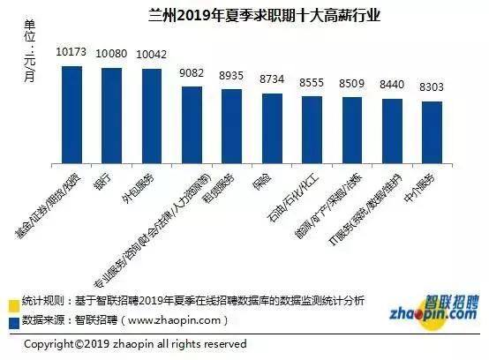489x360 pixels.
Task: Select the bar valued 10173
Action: pos(71,114)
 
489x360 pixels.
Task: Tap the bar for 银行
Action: pos(111,115)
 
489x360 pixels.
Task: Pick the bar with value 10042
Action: pos(151,116)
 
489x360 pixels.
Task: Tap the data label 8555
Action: pos(312,81)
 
